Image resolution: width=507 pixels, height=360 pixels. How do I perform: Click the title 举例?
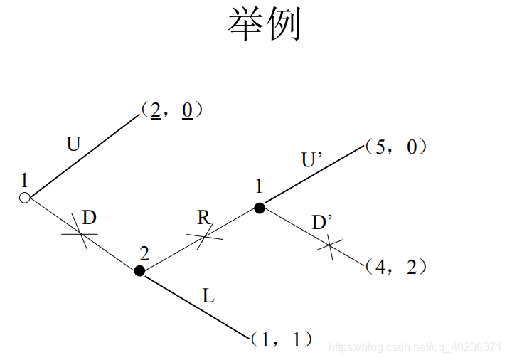click(265, 25)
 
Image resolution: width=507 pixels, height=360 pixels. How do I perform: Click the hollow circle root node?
click(24, 198)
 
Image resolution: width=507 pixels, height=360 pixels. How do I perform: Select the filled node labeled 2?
click(139, 270)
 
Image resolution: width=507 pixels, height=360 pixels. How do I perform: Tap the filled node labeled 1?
click(260, 208)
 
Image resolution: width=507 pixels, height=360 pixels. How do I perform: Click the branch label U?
click(74, 144)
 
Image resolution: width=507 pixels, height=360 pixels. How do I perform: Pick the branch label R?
click(204, 218)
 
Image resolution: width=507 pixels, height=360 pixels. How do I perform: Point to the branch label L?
click(208, 296)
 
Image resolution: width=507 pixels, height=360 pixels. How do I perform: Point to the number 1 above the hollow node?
click(25, 179)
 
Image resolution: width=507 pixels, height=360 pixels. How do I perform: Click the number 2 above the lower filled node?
click(144, 253)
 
